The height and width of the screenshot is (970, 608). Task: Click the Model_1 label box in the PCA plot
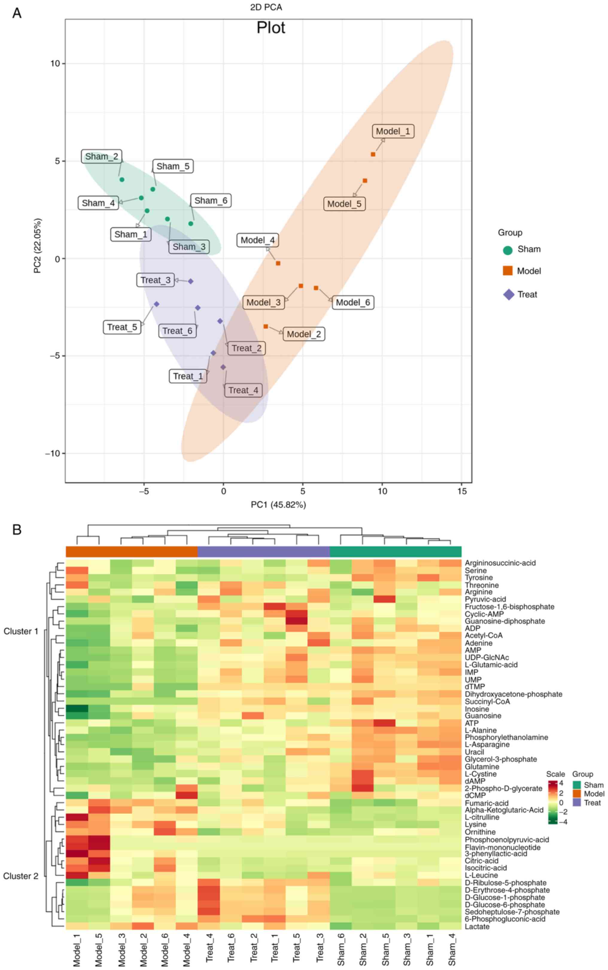click(x=393, y=131)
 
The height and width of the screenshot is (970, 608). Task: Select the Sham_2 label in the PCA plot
click(x=102, y=156)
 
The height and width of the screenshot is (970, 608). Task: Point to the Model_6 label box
click(x=353, y=302)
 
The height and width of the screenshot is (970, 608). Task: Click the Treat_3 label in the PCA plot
click(x=155, y=280)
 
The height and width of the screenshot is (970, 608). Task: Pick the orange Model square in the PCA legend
click(x=507, y=270)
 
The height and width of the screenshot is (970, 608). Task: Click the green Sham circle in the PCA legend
click(x=507, y=250)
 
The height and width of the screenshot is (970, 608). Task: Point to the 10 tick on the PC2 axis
click(x=55, y=63)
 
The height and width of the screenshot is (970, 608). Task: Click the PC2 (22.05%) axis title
click(x=37, y=246)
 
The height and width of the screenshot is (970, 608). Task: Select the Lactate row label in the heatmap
click(x=477, y=927)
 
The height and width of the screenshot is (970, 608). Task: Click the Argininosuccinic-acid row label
click(x=500, y=563)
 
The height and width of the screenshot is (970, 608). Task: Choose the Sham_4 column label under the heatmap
click(x=452, y=949)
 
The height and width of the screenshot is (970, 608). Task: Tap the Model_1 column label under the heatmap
click(x=77, y=949)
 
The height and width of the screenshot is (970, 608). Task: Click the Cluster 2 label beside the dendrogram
click(x=21, y=876)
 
